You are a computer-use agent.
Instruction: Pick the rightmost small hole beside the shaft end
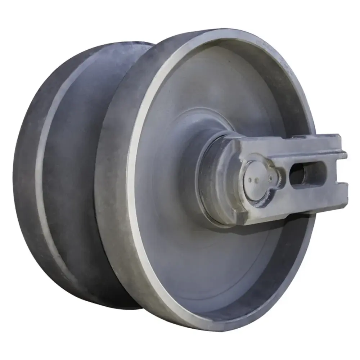tap(270, 177)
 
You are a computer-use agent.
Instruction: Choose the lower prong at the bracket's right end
tap(340, 189)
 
